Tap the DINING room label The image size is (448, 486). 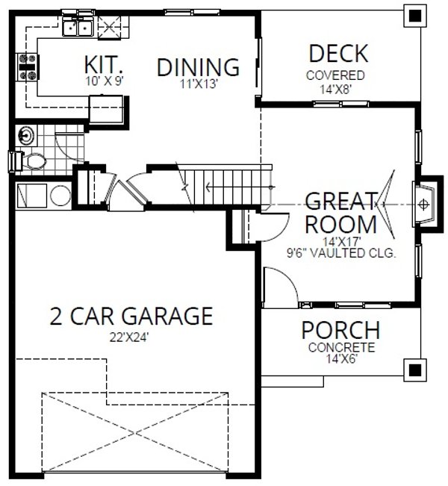point(198,66)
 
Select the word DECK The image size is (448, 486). point(337,54)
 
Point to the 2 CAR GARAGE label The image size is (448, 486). point(131,316)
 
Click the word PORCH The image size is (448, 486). point(340,330)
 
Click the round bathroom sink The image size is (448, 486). point(27,135)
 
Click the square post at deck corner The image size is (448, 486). point(412,13)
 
